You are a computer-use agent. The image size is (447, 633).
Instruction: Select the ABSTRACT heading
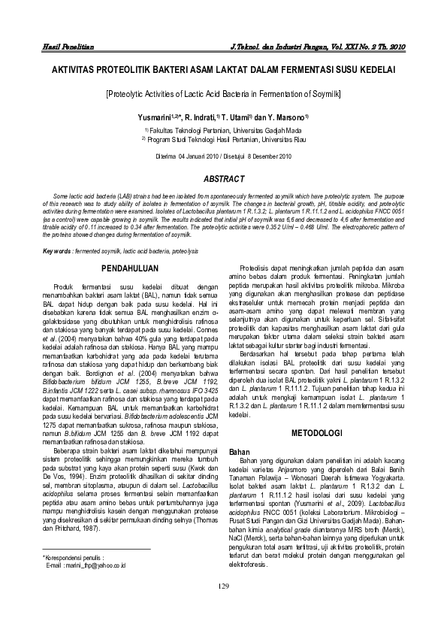(x=225, y=178)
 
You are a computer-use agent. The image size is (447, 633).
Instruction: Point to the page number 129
(x=223, y=607)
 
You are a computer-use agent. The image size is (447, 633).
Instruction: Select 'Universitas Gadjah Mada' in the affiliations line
(x=265, y=130)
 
